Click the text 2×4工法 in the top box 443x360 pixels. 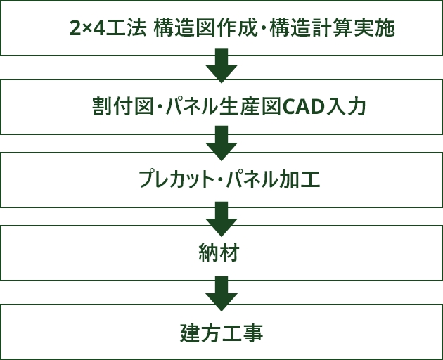[108, 28]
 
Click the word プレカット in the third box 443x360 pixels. [175, 180]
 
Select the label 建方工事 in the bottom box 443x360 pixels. [221, 332]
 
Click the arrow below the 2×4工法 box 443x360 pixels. [222, 65]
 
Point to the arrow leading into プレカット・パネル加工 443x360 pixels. [222, 142]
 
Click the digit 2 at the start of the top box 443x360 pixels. [75, 28]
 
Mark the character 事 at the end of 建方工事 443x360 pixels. [253, 332]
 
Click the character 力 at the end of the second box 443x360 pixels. [357, 107]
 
